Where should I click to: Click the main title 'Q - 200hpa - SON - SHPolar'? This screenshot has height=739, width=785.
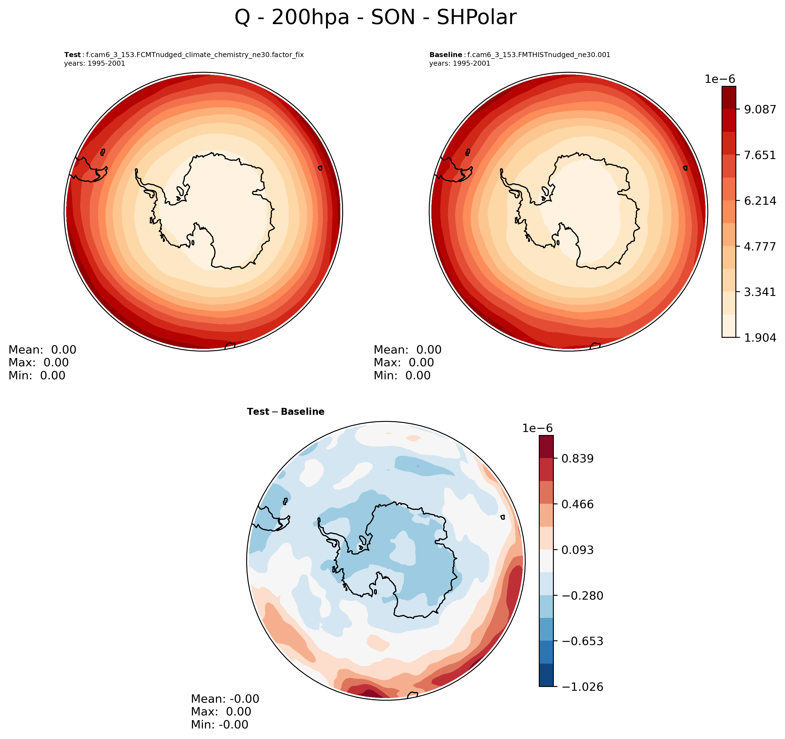point(375,18)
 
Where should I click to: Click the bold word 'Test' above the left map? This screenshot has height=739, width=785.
point(72,55)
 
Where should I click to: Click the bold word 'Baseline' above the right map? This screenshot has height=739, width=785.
point(446,55)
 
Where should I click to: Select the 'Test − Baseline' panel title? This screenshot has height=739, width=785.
point(285,412)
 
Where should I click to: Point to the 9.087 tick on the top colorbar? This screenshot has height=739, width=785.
point(760,109)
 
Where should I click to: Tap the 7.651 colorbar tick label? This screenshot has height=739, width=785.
point(760,155)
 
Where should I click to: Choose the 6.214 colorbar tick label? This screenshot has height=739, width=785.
point(760,201)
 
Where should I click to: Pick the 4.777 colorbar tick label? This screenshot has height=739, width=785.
point(760,246)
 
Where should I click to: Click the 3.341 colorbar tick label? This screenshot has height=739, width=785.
point(760,292)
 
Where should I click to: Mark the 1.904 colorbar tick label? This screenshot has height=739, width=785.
point(760,337)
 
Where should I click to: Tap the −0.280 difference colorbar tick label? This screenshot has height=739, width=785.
point(582,595)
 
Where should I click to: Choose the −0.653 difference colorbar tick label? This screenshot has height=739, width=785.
point(582,641)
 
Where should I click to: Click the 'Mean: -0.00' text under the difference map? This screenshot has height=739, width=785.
point(225,699)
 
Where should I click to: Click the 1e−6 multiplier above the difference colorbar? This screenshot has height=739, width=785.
point(537,428)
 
